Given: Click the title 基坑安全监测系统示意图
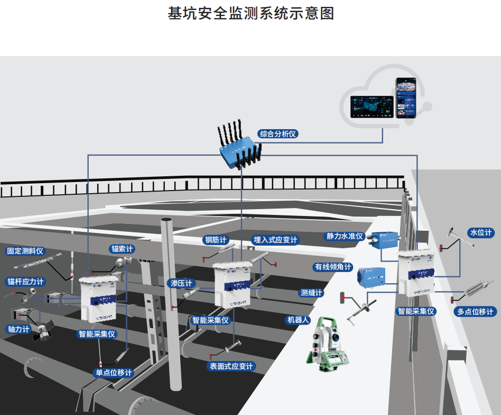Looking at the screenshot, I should coord(251,13).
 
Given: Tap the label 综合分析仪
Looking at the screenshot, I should coord(279,134).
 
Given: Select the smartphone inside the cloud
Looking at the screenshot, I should coord(406,98).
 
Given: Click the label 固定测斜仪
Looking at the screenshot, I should coord(25,250).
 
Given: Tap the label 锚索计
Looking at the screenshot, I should coord(122,248).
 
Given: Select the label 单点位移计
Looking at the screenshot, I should coord(114,373).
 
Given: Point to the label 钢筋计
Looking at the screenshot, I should coord(216,240).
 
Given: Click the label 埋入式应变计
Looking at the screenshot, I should coord(275,240).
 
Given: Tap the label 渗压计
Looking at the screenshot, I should coord(181,283).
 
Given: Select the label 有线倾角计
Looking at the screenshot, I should coord(333,267).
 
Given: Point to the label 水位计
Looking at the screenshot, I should coord(480,232).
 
